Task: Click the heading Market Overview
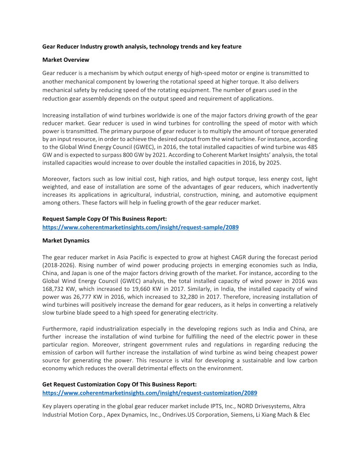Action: (66, 60)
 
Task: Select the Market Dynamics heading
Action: (66, 241)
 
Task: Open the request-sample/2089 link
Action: (141, 227)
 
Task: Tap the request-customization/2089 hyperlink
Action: (150, 393)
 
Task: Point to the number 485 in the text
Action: (312, 147)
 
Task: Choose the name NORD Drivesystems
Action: (246, 406)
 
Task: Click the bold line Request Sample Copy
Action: (105, 219)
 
